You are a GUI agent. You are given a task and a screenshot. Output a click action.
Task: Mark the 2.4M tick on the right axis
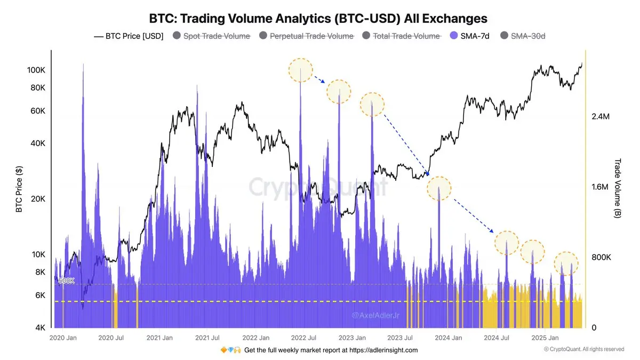click(601, 117)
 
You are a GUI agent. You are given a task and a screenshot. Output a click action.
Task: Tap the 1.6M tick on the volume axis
click(601, 187)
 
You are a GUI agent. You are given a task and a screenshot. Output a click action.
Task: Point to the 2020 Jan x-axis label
click(62, 338)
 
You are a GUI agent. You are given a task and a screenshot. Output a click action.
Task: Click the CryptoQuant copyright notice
click(583, 349)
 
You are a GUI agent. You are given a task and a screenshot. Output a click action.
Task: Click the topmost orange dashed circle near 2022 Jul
click(300, 70)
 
